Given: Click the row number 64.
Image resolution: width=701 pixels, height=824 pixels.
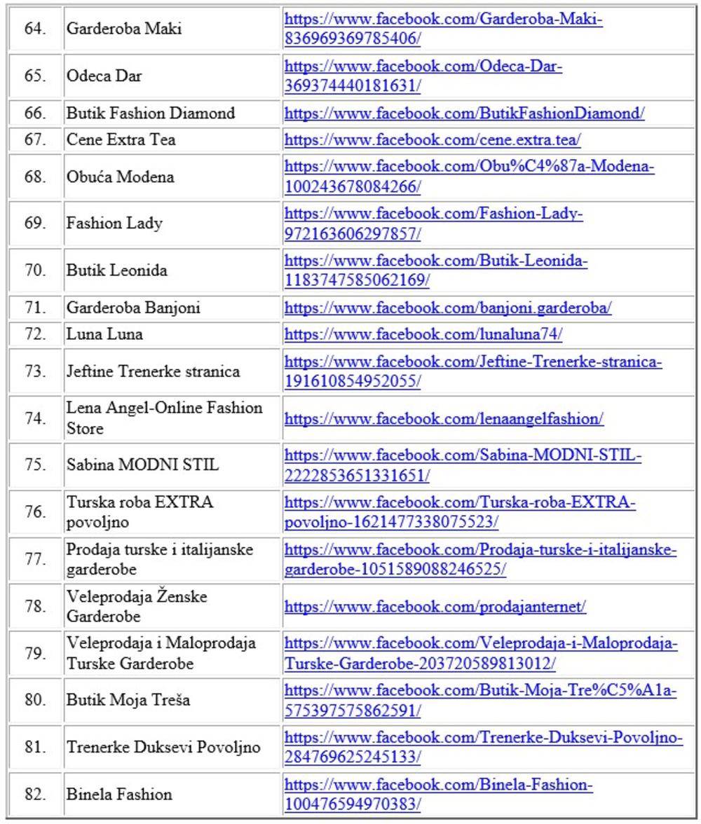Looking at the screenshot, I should (x=35, y=29).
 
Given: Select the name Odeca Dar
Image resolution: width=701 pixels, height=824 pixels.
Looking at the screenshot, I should (x=104, y=76).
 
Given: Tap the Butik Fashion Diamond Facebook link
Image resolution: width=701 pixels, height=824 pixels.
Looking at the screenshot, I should (x=464, y=114).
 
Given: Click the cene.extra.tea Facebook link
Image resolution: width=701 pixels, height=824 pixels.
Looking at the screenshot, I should (x=432, y=140).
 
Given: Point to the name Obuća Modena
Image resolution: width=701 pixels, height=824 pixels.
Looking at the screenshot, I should (x=120, y=177).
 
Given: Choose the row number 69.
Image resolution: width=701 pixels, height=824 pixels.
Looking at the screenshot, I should (x=35, y=224).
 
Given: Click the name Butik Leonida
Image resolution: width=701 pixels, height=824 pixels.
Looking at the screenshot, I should (x=116, y=270).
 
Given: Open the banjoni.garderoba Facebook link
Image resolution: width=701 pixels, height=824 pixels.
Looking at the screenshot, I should (x=447, y=308).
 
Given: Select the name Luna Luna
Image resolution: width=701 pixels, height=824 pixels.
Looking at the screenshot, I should (x=104, y=334).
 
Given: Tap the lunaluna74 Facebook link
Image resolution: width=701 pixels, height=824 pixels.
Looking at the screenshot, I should (x=423, y=334).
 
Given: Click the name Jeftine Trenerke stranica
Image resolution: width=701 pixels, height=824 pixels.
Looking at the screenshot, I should (x=153, y=371).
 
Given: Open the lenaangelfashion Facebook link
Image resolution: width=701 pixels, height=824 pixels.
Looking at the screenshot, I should (x=444, y=419).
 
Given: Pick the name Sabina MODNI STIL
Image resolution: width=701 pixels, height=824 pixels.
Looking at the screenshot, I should (x=142, y=465).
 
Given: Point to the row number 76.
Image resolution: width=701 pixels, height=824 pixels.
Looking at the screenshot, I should (x=35, y=512).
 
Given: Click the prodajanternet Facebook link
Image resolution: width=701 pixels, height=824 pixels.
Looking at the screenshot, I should (x=435, y=606).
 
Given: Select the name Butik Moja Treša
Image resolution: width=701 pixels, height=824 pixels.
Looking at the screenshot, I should (x=128, y=700).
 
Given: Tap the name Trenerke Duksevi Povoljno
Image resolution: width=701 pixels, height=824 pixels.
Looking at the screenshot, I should (x=163, y=747).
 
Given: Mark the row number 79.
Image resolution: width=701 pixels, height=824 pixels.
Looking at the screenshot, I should (x=35, y=653).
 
